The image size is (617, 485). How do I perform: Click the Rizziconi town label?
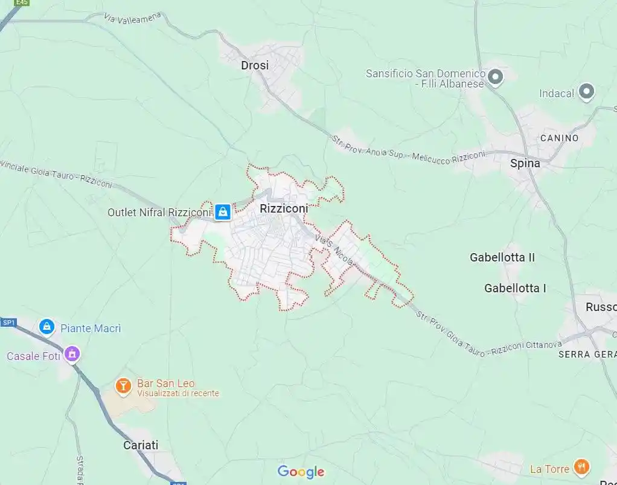click(x=283, y=208)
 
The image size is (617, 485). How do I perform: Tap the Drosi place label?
click(x=255, y=65)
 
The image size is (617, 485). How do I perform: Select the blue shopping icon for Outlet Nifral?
click(x=223, y=211)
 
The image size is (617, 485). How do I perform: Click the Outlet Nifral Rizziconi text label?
click(x=159, y=212)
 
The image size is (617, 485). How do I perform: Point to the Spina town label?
click(x=525, y=163)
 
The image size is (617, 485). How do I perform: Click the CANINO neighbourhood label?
click(x=559, y=138)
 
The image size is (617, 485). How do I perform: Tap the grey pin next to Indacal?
click(x=586, y=92)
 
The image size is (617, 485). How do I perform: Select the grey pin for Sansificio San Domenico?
click(x=496, y=77)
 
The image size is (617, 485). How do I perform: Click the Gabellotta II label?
click(x=502, y=257)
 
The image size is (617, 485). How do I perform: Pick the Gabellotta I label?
click(x=515, y=288)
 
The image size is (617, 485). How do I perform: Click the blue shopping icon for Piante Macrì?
click(x=46, y=327)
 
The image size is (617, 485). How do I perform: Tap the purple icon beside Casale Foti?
click(x=72, y=354)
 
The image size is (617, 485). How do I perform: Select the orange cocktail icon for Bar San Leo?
click(x=123, y=385)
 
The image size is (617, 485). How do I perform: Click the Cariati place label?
click(x=141, y=445)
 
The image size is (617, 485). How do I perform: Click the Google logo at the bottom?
click(x=301, y=472)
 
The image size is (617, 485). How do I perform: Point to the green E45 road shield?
click(x=22, y=3)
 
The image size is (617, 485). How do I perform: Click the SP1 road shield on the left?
click(x=8, y=323)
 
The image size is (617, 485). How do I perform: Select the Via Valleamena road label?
click(x=132, y=18)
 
